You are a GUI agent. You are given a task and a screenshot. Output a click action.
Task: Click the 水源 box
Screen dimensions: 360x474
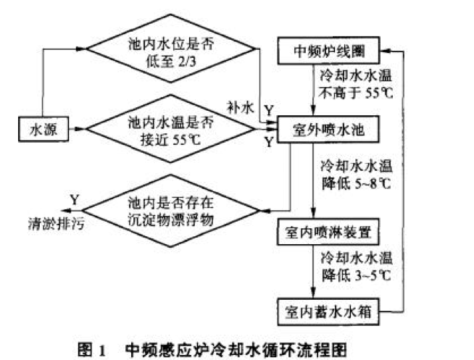point(41,130)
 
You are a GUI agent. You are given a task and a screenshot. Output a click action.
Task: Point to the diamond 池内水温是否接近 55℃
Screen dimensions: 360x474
point(172,130)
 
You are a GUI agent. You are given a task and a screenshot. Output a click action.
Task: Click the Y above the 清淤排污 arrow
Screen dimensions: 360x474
point(73,198)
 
